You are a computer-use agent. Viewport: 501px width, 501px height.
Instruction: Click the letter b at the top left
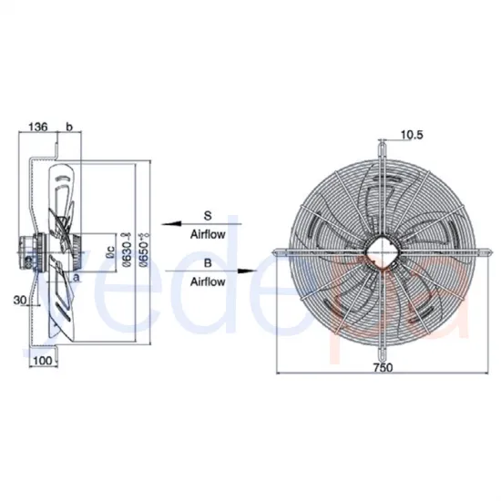(66, 127)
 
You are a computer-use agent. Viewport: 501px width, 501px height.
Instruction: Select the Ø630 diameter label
(125, 248)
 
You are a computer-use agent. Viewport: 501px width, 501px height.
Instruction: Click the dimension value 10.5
(412, 137)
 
